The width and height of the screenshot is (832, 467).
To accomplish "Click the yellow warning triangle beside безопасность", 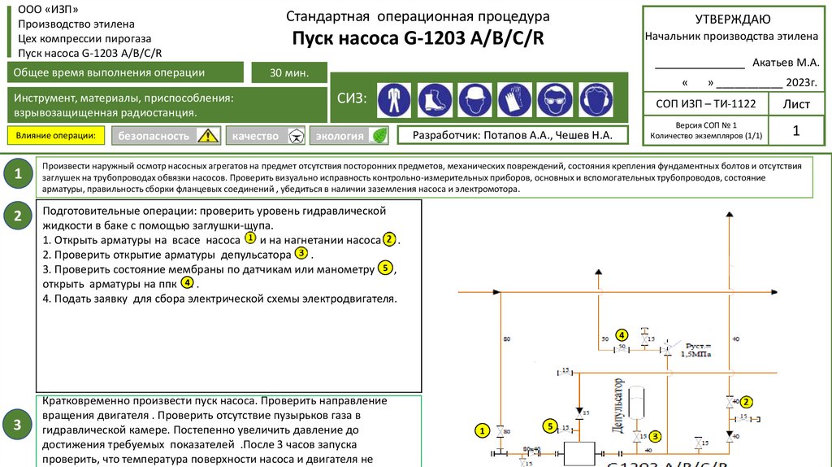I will [x=208, y=136].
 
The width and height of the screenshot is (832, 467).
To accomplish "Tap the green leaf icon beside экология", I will [x=378, y=136].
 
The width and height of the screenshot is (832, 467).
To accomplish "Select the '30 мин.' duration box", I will [x=289, y=73].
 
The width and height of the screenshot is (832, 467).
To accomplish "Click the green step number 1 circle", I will [x=17, y=173].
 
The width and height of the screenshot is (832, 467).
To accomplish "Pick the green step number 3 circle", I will [x=17, y=425].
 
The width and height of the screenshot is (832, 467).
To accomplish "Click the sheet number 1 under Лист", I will [x=795, y=130].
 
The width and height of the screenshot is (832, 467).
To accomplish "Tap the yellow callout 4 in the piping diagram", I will [x=622, y=334].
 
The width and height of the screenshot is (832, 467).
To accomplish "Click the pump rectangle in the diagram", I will [x=580, y=452].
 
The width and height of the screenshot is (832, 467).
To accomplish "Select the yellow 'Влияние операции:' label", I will [x=57, y=135].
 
